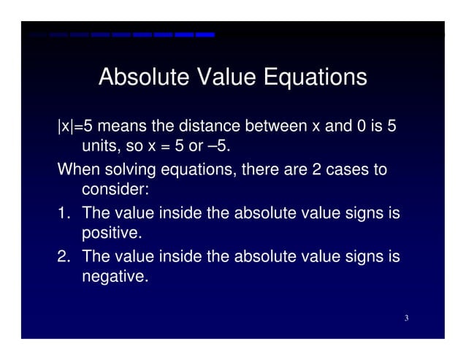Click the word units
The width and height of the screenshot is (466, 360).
pos(102,147)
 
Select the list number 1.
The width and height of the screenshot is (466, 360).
pos(65,213)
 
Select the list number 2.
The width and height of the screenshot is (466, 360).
pos(65,256)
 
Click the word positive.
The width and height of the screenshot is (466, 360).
pos(112,234)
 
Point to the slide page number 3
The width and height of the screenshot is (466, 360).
pos(405,318)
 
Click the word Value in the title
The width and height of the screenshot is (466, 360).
pos(218,77)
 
